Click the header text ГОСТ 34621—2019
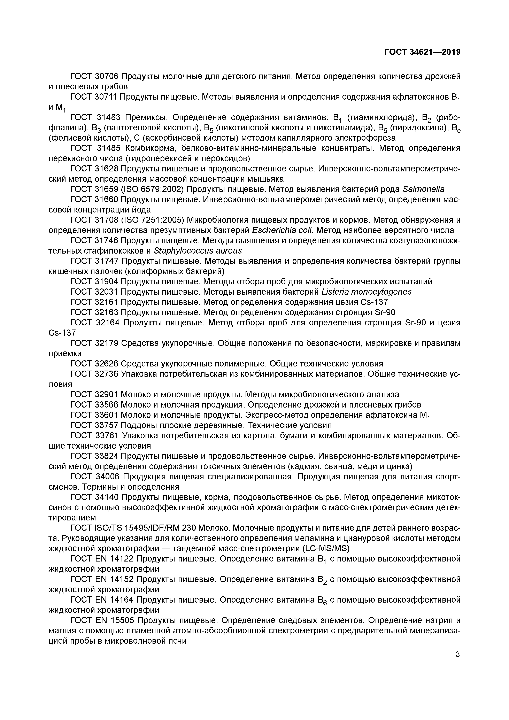[422, 52]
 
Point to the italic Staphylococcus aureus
[198, 251]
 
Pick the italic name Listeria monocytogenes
[366, 292]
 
